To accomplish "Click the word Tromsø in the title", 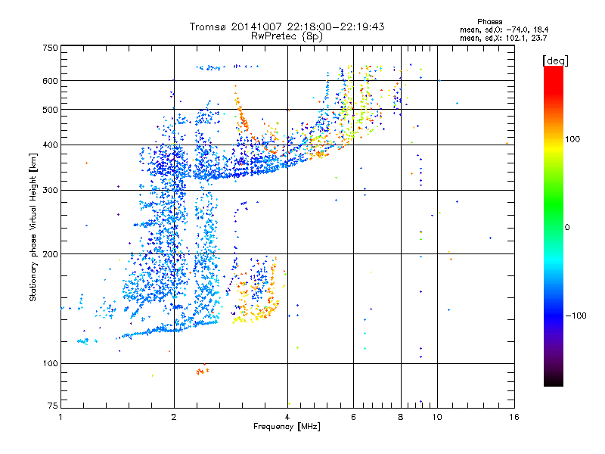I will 211,26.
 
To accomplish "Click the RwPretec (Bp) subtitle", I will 287,36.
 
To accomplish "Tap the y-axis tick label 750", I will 50,48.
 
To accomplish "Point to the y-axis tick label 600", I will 50,80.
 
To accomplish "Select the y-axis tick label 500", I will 50,109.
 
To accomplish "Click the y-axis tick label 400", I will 50,145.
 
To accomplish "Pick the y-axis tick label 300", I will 50,190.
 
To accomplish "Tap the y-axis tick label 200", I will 50,253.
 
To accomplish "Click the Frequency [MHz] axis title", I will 287,428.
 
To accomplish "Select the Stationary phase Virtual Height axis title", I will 33,227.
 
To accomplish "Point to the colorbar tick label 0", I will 569,227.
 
